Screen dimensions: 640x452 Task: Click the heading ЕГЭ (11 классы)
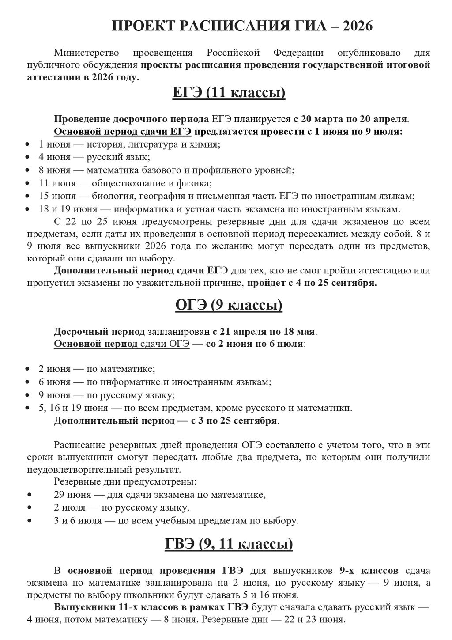click(228, 93)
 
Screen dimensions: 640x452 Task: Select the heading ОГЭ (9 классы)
click(228, 305)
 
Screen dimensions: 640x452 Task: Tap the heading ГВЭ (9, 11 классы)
click(228, 544)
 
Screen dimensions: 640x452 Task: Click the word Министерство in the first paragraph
click(87, 53)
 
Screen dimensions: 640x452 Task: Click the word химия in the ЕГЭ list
click(207, 144)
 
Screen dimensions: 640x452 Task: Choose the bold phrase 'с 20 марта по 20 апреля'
click(351, 119)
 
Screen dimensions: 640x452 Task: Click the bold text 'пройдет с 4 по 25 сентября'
click(312, 283)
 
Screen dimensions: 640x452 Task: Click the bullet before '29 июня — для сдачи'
click(29, 495)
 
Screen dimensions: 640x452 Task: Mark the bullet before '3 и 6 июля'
click(29, 521)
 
